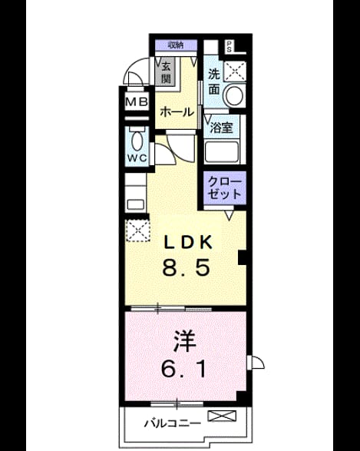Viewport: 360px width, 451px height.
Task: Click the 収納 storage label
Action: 176,45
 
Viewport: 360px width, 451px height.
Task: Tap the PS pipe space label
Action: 229,46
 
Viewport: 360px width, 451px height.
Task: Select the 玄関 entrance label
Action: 166,72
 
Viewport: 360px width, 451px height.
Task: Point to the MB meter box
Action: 137,101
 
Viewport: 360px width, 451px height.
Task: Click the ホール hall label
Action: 177,112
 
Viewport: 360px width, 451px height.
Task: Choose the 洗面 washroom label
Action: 214,82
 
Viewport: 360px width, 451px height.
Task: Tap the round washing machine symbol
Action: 233,95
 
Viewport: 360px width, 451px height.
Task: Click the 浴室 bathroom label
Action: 221,128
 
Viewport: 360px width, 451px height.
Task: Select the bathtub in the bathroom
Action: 222,152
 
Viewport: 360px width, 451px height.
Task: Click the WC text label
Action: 137,158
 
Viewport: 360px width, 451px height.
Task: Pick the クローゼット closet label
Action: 225,188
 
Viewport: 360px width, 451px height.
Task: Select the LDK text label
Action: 189,242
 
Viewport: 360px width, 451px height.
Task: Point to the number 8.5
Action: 186,268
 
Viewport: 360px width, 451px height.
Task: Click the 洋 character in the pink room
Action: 185,342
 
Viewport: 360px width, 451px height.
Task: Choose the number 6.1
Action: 183,369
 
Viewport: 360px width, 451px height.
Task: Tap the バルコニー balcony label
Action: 173,423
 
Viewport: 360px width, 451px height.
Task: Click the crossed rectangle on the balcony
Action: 222,416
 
